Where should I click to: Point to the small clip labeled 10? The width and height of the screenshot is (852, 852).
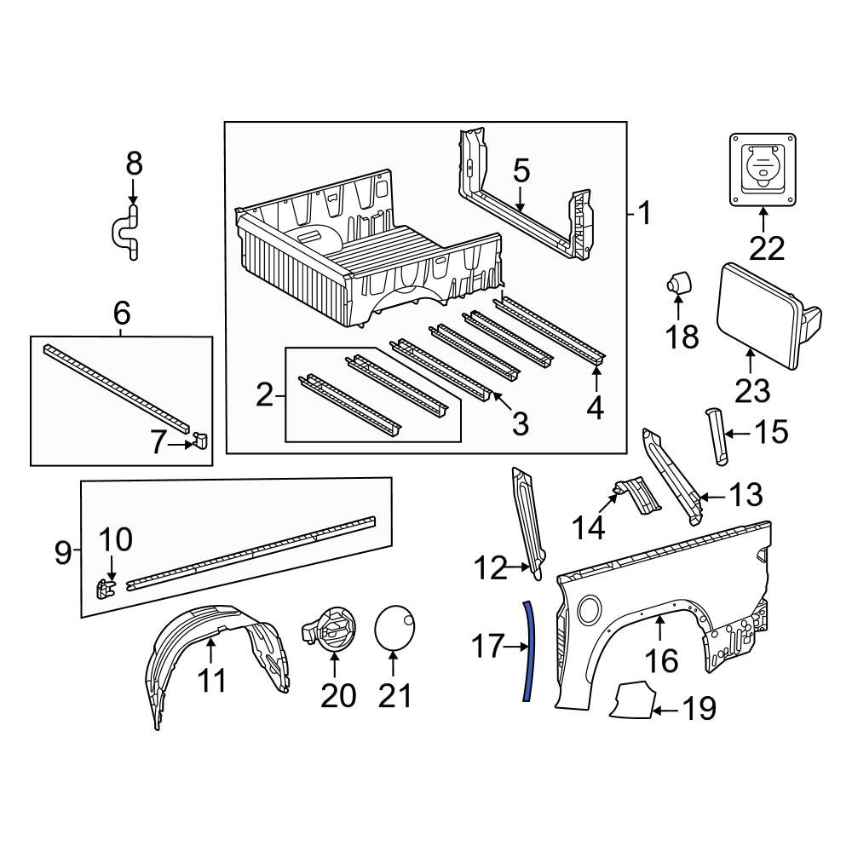106,589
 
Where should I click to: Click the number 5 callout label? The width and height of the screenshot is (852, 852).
521,171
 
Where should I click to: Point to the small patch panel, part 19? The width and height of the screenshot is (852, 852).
632,700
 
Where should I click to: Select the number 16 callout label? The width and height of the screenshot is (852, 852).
661,660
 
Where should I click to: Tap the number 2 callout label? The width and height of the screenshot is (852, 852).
265,394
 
